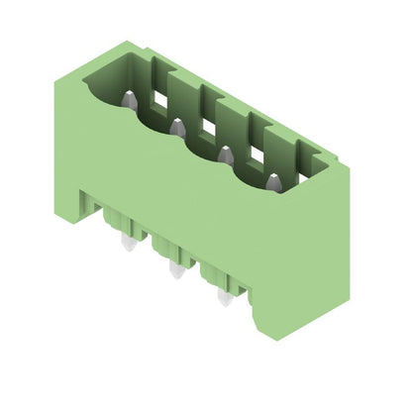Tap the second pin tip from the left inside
[175, 125]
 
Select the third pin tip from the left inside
[224, 153]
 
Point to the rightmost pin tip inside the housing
[271, 179]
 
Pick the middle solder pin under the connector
[175, 268]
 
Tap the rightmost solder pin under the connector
[224, 296]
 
